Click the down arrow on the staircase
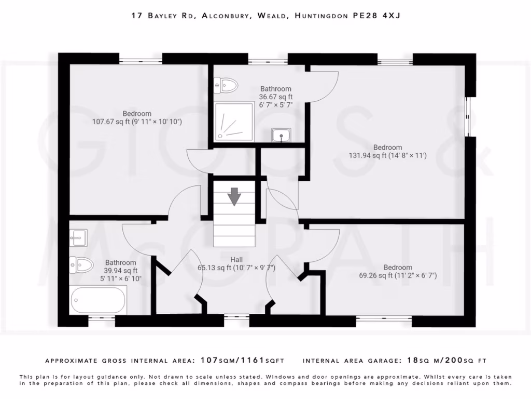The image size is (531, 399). pos(234,197)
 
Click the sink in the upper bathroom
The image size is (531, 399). pos(281,135)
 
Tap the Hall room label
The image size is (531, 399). pos(236,259)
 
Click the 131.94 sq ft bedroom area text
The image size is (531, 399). pos(388,155)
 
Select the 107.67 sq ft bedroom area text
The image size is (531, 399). pos(137,122)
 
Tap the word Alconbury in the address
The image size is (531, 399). pos(224,16)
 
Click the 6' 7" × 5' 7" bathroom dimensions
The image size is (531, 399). pos(276,104)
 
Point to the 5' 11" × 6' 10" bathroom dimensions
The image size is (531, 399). pos(120,278)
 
